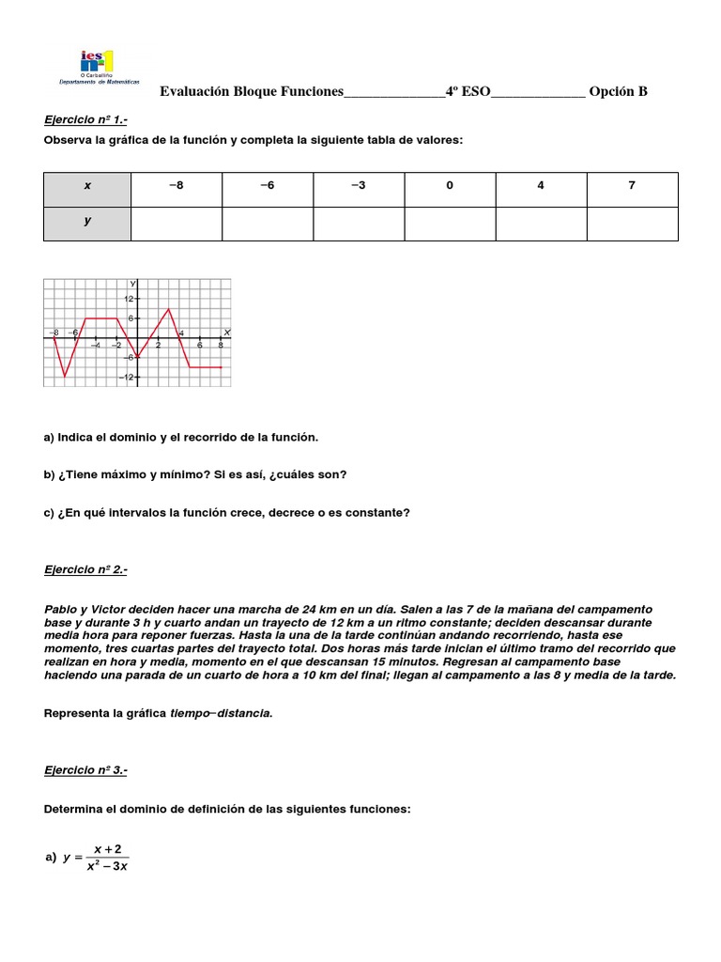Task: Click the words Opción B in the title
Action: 618,91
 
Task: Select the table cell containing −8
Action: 176,185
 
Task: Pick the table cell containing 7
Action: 632,185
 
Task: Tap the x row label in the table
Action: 87,185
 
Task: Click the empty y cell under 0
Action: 450,224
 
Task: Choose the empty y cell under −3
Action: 359,224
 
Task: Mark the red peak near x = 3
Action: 168,309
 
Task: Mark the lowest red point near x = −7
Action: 65,377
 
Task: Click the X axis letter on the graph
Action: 227,333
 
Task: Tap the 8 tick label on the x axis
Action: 221,345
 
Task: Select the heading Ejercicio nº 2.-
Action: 85,569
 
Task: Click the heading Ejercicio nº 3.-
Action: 85,770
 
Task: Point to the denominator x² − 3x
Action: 107,866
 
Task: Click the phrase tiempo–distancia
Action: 221,713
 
